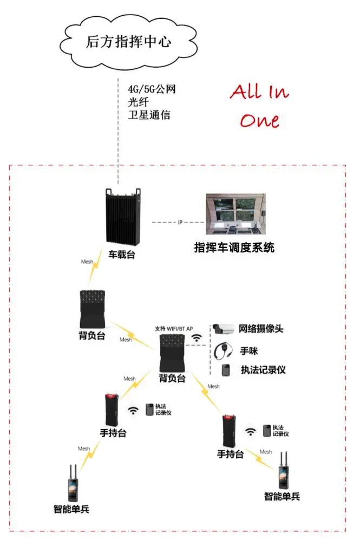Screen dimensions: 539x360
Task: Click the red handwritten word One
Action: pos(260,120)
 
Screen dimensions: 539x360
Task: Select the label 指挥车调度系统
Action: pos(234,248)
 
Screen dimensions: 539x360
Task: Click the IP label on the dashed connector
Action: pos(180,223)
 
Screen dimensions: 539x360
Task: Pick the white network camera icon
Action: pos(223,328)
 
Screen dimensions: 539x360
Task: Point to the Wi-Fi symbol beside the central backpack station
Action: pos(197,339)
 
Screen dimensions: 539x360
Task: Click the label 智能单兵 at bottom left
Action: pos(71,509)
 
